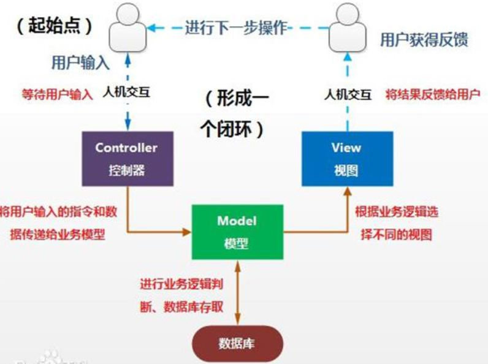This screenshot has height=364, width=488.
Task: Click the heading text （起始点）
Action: (55, 26)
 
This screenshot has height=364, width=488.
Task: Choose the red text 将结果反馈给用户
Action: (433, 95)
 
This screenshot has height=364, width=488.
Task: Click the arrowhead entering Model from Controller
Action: (187, 232)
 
